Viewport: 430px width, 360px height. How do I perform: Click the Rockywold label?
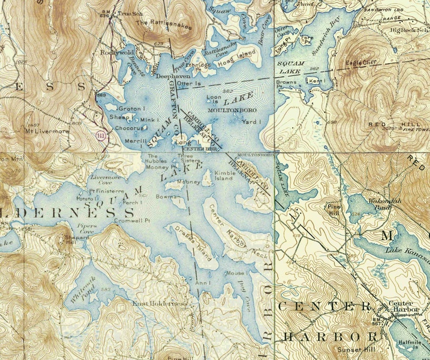[x=115, y=53]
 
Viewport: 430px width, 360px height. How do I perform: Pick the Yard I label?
[x=250, y=122]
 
